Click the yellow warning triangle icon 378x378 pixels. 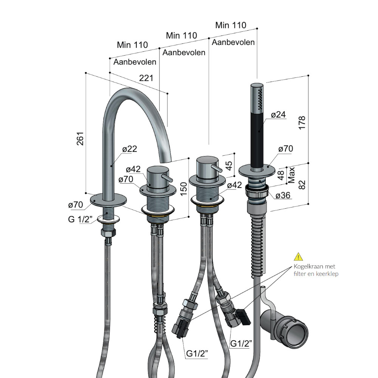pos(299,257)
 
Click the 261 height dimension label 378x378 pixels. pos(80,139)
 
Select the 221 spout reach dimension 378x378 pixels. pos(146,78)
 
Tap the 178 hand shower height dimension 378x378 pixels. pos(302,123)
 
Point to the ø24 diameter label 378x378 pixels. pos(278,115)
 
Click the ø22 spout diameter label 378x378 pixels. pos(130,149)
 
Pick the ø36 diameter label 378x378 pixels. pos(283,195)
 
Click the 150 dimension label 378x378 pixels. pos(184,189)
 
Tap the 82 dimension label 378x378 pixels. pos(302,185)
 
